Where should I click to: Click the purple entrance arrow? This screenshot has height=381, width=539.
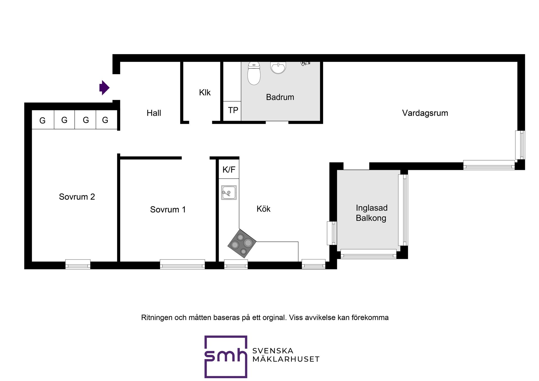(x=104, y=88)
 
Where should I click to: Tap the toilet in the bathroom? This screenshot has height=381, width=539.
(x=254, y=73)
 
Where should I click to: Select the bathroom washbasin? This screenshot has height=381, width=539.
(x=278, y=68)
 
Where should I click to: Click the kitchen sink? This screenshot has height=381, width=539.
(x=229, y=193)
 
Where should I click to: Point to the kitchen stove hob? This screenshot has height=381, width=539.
(x=242, y=243)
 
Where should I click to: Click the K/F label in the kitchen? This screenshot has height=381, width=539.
(x=229, y=170)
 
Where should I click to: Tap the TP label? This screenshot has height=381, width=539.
(x=233, y=110)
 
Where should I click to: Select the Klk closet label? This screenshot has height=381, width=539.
(x=205, y=92)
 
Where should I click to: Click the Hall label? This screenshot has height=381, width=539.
(x=154, y=113)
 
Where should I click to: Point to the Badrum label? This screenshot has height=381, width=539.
(x=280, y=97)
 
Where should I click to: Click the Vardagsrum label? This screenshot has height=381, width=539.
(x=425, y=113)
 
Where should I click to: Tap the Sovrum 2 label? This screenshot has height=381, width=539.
(x=77, y=197)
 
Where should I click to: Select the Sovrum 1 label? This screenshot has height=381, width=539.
(x=168, y=209)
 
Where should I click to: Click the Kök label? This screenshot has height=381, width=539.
(x=263, y=209)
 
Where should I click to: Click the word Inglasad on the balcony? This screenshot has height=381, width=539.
(x=372, y=208)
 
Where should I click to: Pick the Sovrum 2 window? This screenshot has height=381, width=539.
(x=78, y=264)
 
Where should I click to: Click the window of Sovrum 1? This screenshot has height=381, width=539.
(x=182, y=264)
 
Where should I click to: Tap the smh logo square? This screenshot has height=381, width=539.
(x=226, y=357)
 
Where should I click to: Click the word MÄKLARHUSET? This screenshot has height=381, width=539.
(x=286, y=359)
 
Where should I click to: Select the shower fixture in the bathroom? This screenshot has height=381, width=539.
(x=305, y=63)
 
